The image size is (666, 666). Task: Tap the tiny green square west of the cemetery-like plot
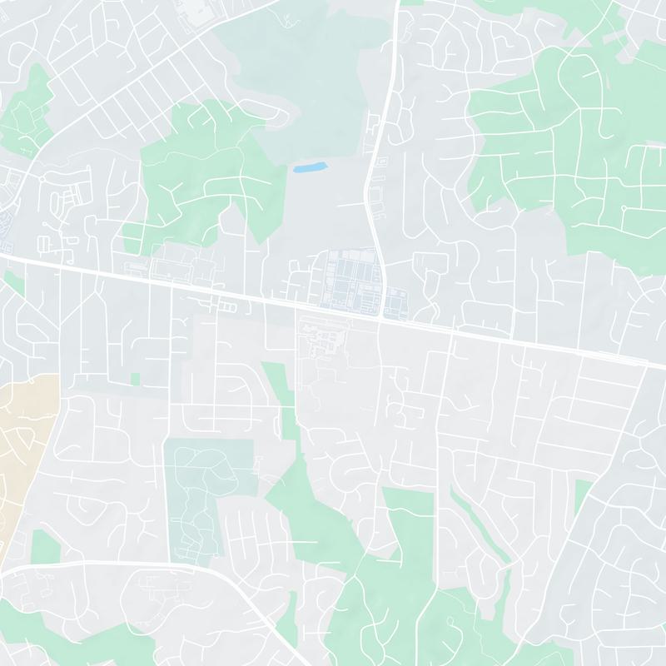click(135, 379)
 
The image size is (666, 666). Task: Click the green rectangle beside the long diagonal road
click(583, 495)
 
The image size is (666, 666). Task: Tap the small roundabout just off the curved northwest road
click(42, 180)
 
